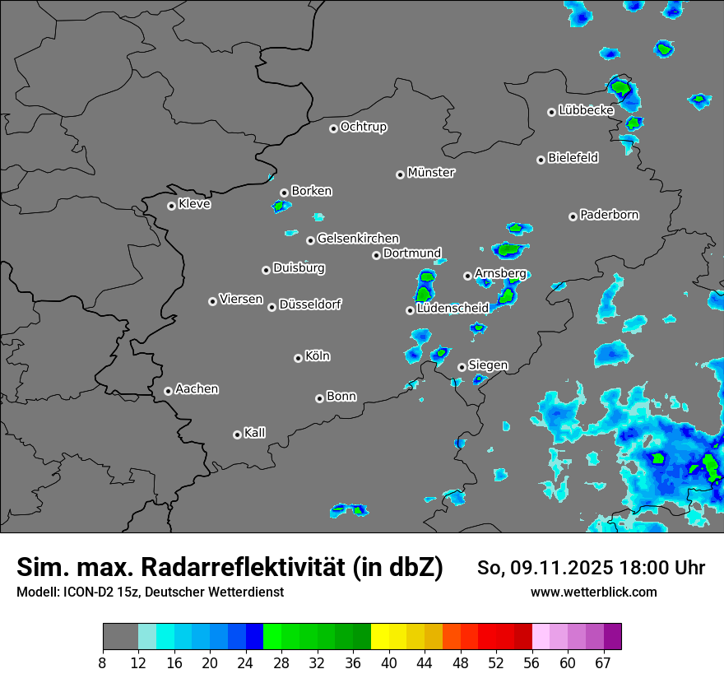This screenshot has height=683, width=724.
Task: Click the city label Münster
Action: [x=431, y=173]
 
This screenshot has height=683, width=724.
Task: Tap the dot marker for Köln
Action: [x=298, y=358]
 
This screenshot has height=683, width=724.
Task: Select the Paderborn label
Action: [x=610, y=215]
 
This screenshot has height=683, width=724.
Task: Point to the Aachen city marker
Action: [x=168, y=391]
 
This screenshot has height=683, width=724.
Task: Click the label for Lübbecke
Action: [x=587, y=110]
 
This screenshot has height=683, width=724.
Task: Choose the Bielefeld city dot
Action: [x=541, y=160]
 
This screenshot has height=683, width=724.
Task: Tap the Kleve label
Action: [x=195, y=204]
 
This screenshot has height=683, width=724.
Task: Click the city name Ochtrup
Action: [x=364, y=127]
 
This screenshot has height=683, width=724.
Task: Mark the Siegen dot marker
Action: [x=462, y=367]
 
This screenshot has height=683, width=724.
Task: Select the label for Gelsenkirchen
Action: [x=358, y=239]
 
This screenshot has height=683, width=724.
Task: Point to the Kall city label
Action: [x=255, y=433]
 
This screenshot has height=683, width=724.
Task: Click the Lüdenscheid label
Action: [x=452, y=309]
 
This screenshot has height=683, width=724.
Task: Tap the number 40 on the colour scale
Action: [x=389, y=662]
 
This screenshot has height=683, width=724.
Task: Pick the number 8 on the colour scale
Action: [x=103, y=662]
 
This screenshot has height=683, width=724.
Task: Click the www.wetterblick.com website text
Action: [x=594, y=592]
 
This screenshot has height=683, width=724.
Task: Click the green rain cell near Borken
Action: [x=281, y=205]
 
